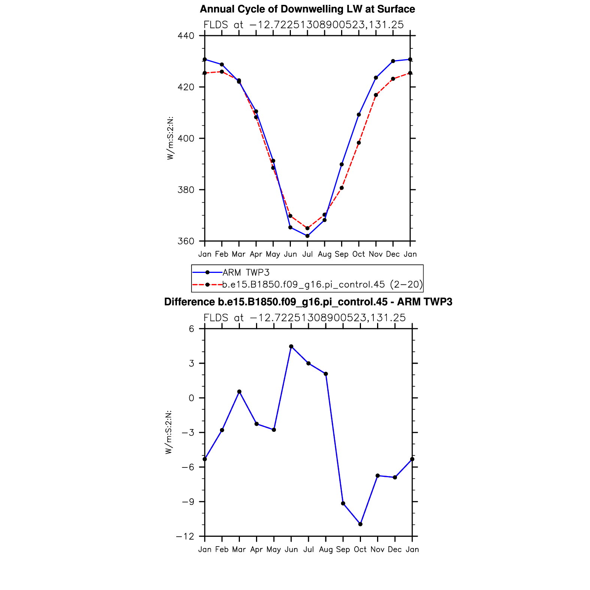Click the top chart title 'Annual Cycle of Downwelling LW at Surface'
[x=307, y=9]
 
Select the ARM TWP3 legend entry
[x=246, y=272]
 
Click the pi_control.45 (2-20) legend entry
[x=322, y=285]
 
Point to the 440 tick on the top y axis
[x=186, y=36]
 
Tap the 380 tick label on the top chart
[x=186, y=190]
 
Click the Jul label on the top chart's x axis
[x=307, y=254]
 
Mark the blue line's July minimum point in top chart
[x=307, y=236]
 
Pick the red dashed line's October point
[x=359, y=143]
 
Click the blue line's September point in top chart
[x=341, y=164]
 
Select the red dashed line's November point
[x=376, y=95]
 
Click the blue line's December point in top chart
[x=393, y=61]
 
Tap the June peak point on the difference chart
[x=291, y=346]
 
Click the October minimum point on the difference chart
[x=360, y=524]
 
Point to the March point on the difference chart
[x=239, y=392]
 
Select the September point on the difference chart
[x=343, y=503]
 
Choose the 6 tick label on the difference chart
[x=192, y=329]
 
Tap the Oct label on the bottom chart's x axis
[x=360, y=550]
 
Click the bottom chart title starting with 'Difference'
[x=308, y=302]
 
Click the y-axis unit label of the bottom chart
[x=169, y=432]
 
